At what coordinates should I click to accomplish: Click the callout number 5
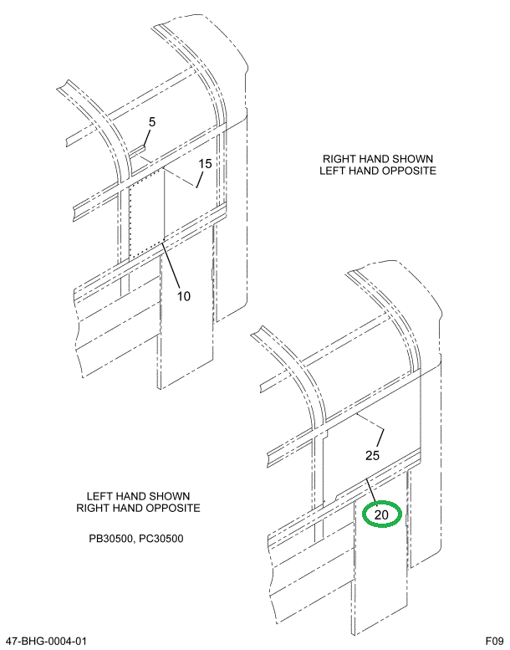(151, 122)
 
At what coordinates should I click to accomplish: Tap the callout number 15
(206, 163)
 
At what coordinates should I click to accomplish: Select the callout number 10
(184, 295)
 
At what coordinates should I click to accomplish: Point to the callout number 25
(372, 455)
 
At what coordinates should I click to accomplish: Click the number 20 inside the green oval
(381, 514)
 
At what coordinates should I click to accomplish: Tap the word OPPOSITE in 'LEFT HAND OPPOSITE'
(410, 171)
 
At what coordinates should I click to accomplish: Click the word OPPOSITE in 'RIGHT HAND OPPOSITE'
(172, 508)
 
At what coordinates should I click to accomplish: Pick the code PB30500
(113, 538)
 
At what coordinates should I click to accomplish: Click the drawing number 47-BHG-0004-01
(45, 641)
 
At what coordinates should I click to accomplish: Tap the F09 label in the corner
(493, 641)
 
